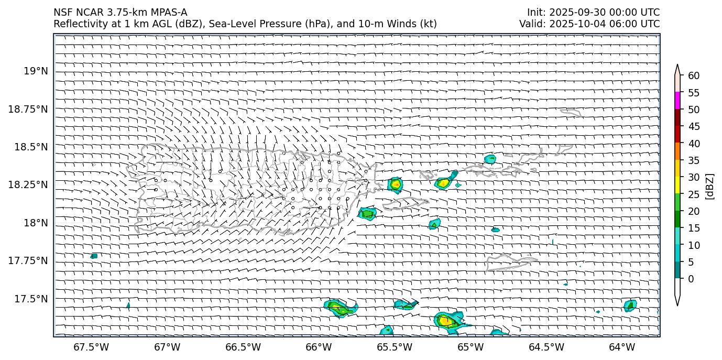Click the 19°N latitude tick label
click(36, 71)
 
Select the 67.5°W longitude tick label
click(91, 347)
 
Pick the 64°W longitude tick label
click(622, 347)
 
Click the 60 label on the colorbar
click(694, 76)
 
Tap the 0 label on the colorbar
click(691, 279)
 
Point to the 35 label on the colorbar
click(694, 160)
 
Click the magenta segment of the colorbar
click(677, 101)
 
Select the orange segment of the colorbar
click(677, 151)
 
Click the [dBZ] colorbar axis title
click(710, 186)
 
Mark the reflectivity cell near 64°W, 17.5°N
click(630, 306)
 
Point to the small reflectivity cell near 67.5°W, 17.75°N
click(94, 256)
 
